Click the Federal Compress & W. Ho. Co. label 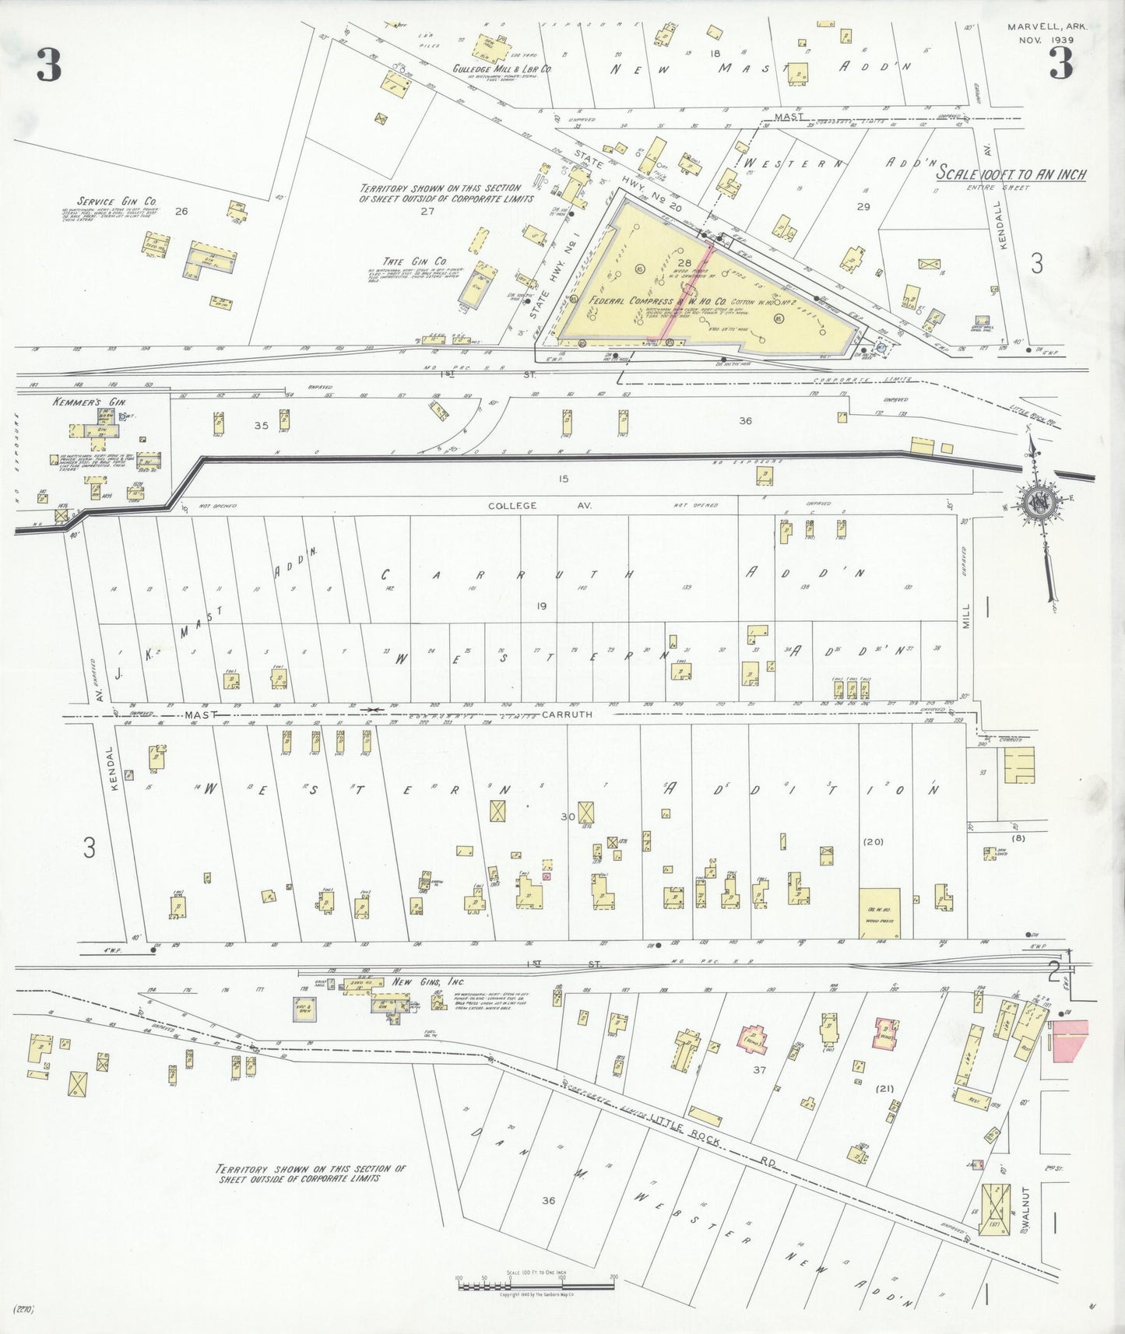pyautogui.click(x=658, y=300)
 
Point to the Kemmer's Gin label pyautogui.click(x=78, y=402)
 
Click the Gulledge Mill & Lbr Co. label pyautogui.click(x=502, y=68)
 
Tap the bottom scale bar pyautogui.click(x=536, y=1282)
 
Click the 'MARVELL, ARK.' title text pyautogui.click(x=1046, y=26)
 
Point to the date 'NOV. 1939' pyautogui.click(x=1046, y=40)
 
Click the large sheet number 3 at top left pyautogui.click(x=48, y=65)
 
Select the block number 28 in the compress pyautogui.click(x=684, y=263)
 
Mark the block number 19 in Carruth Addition pyautogui.click(x=542, y=606)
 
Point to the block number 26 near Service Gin pyautogui.click(x=182, y=211)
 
